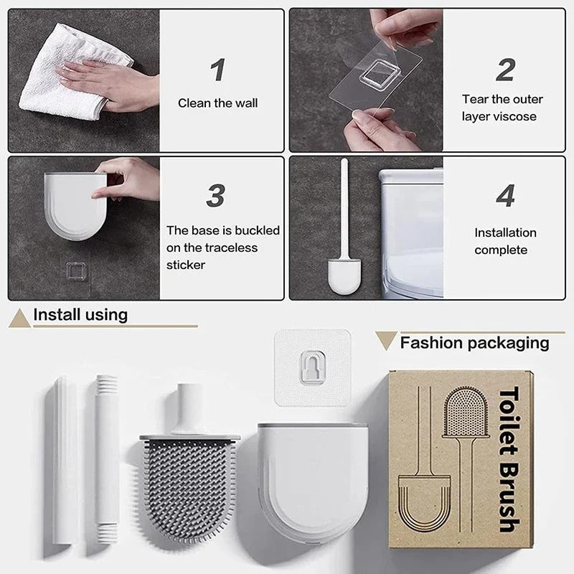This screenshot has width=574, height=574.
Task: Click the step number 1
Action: [x=218, y=70]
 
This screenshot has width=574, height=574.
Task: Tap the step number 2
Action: [x=505, y=70]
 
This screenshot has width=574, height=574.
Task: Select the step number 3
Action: [x=216, y=196]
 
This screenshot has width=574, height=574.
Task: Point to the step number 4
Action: [x=505, y=196]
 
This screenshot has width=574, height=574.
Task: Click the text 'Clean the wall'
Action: [x=217, y=103]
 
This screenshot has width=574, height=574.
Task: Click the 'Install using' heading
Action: [x=80, y=314]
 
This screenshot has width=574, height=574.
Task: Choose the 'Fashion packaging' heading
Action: [x=474, y=342]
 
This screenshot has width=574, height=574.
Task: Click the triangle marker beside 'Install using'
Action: [x=19, y=319]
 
